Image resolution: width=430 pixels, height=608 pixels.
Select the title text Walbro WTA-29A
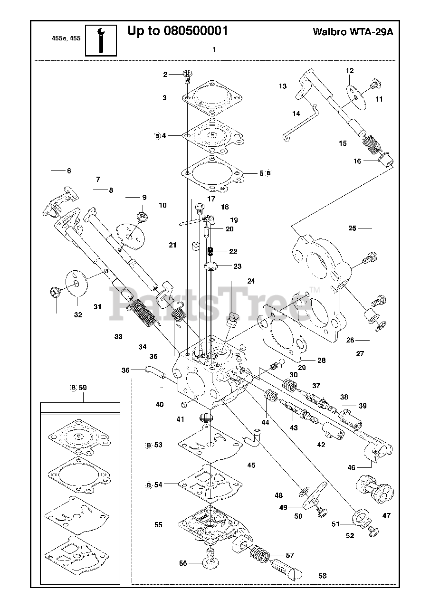[x=353, y=32]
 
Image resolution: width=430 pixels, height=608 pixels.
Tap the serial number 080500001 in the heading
[x=195, y=31]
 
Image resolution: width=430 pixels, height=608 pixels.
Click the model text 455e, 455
[x=66, y=38]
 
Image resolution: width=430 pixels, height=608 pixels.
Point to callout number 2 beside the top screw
[x=165, y=75]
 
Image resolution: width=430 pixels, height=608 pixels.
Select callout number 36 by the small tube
[x=125, y=370]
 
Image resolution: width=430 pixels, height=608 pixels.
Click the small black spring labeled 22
[x=210, y=251]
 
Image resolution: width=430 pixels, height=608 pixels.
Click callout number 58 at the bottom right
[x=322, y=576]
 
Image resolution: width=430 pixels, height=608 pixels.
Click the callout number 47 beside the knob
[x=386, y=515]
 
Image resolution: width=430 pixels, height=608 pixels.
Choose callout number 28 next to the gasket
[x=321, y=361]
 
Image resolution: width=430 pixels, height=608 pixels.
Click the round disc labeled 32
[x=76, y=284]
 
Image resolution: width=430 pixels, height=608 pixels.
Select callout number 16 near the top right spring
[x=357, y=161]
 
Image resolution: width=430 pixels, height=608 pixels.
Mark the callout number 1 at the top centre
[x=214, y=49]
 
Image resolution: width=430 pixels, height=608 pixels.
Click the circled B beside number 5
[x=268, y=173]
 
